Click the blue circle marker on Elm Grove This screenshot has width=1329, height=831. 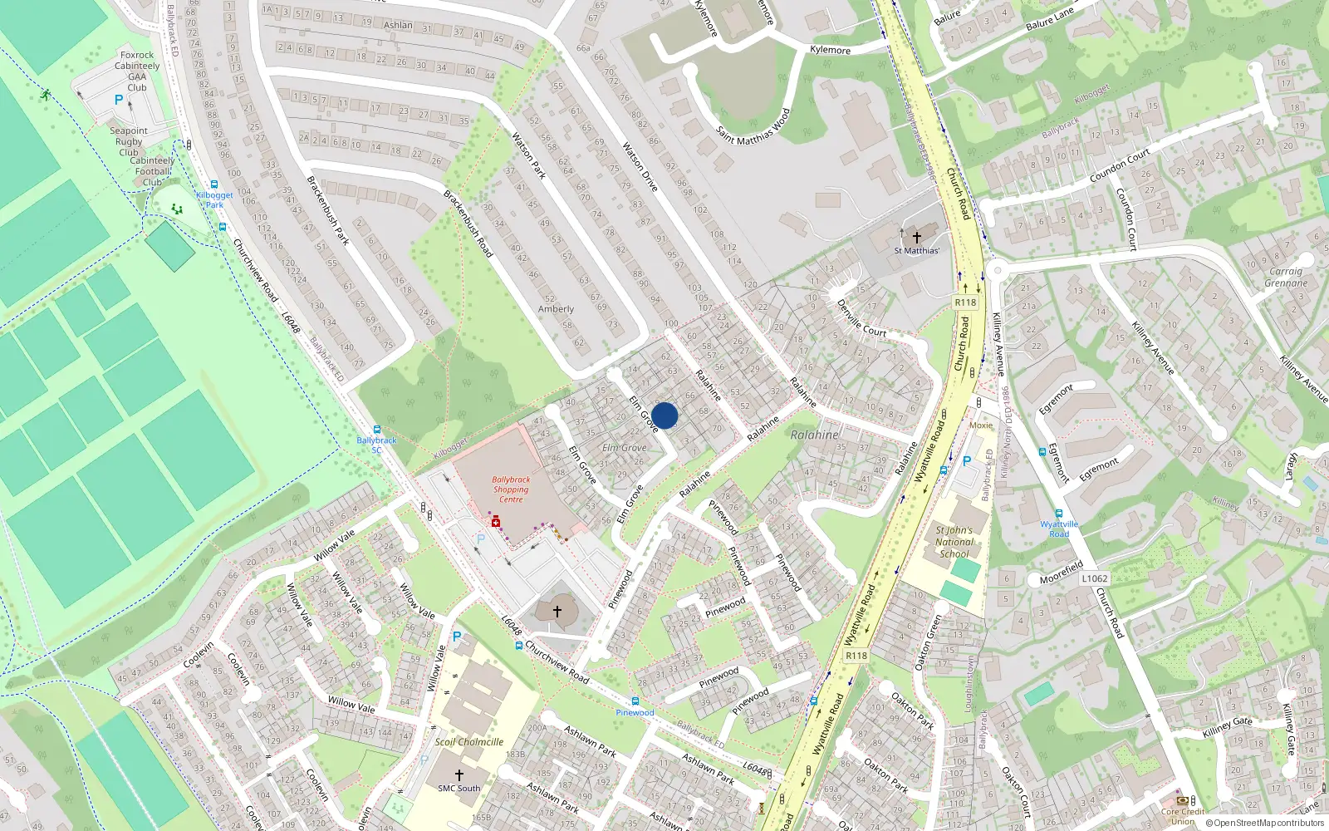pos(664,415)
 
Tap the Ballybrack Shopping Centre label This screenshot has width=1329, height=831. pos(511,489)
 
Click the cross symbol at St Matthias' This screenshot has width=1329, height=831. pos(916,237)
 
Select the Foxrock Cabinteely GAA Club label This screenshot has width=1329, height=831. pos(137,71)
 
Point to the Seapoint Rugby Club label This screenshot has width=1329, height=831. pos(129,141)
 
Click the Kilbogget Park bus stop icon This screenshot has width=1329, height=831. pos(214,185)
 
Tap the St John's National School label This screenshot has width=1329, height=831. pos(954,542)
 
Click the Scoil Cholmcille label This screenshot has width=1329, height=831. pos(469,742)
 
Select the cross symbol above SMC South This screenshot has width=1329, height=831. pos(459,774)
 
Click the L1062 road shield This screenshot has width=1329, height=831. pos(1095,578)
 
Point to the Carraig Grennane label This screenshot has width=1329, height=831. pos(1286,278)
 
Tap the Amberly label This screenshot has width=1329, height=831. pos(556,309)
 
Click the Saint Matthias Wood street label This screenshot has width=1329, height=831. pos(753,127)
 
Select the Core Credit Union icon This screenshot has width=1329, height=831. pos(1182,800)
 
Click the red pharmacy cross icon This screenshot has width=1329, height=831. pos(496,522)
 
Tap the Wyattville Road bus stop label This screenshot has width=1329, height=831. pos(1059,529)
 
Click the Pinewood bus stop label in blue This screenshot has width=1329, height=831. pos(635,712)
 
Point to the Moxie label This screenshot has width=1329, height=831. pos(981,425)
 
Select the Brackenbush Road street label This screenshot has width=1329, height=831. pos(468,224)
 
